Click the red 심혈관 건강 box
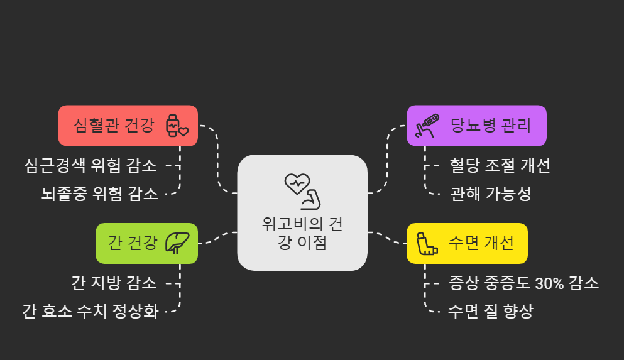click(128, 126)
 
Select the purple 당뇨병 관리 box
click(476, 126)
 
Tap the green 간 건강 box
click(146, 243)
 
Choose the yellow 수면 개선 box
click(467, 243)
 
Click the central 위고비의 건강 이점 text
click(302, 234)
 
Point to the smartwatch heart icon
click(176, 126)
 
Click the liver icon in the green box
click(177, 243)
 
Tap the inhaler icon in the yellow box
click(427, 243)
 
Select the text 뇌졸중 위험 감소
click(100, 193)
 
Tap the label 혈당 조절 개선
click(500, 166)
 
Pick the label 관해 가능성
click(490, 194)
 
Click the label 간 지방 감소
click(114, 283)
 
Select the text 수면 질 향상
click(490, 311)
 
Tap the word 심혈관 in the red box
click(94, 126)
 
